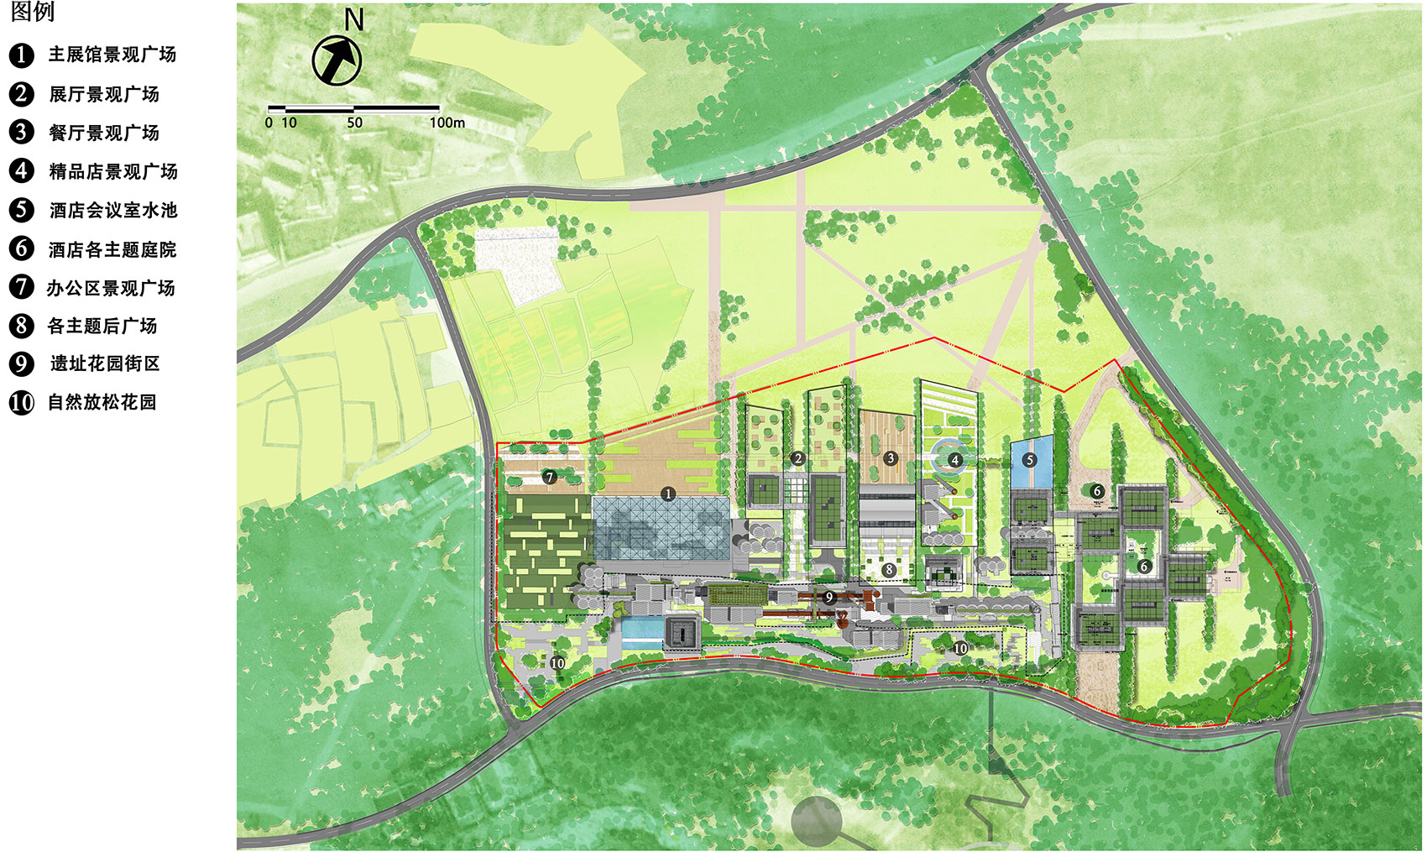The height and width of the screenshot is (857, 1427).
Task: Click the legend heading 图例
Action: coord(32,12)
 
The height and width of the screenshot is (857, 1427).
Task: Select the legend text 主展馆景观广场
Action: coord(112,55)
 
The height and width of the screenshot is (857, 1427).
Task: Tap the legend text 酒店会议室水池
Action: coord(112,210)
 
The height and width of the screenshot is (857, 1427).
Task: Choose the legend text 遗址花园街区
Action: coord(104,363)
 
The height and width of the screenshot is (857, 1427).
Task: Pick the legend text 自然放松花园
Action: coord(102,402)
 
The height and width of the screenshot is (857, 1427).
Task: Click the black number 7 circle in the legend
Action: coord(21,287)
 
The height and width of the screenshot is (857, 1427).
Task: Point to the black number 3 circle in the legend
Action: coord(21,133)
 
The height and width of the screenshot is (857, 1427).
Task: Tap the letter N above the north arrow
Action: coord(354,19)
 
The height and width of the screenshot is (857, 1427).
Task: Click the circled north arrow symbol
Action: coord(337,60)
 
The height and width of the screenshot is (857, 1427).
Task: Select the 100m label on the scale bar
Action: coord(447,123)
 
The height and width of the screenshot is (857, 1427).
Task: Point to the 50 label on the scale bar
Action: coord(354,123)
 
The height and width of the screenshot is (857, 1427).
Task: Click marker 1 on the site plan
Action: coord(668,494)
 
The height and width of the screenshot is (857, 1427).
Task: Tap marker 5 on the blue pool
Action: coord(1030,460)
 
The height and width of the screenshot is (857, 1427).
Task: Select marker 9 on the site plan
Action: coord(829,598)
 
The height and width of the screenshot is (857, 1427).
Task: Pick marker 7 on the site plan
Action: coord(550,477)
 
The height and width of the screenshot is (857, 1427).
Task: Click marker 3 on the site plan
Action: coord(891,458)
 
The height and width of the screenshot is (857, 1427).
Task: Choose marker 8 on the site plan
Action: coord(889,570)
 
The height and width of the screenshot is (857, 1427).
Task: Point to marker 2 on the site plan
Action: coord(797,458)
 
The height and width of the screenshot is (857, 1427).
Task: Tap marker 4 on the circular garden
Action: coord(954,460)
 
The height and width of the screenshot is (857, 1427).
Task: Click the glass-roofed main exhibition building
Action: coord(661,529)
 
